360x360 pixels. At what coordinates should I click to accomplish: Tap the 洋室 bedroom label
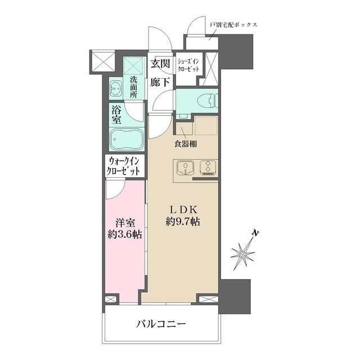pos(124,222)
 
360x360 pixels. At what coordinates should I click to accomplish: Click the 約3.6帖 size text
pos(124,235)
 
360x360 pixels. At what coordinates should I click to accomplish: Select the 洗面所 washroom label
pos(133,87)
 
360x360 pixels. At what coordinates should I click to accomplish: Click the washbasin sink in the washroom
pos(116,88)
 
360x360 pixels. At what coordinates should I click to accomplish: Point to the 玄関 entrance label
pos(161,64)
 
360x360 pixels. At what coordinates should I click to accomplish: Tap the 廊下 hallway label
pos(160,82)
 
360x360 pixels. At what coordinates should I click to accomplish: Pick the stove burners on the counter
pos(208,168)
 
